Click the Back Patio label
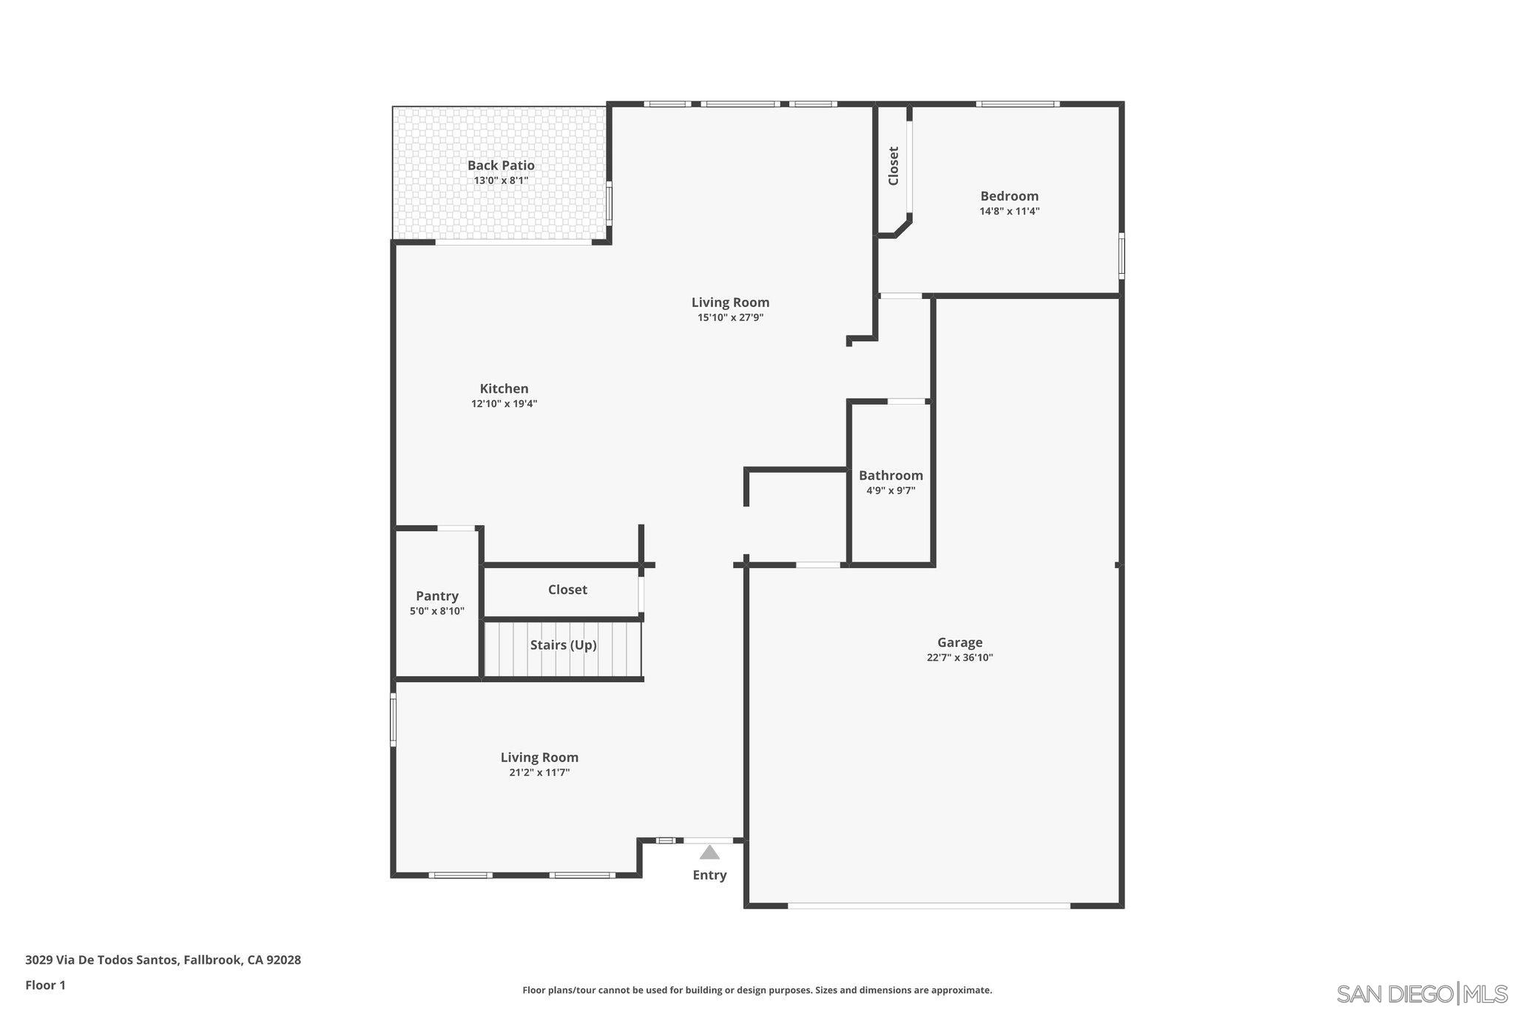[501, 166]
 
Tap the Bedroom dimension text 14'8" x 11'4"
[1009, 212]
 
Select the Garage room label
[959, 642]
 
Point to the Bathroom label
[891, 476]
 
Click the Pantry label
[437, 596]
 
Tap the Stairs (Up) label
[563, 645]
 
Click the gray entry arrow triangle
[709, 852]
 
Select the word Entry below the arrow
[709, 875]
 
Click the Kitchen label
[504, 388]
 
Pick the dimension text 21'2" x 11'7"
[539, 773]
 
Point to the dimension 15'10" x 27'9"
[730, 318]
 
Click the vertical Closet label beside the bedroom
[893, 166]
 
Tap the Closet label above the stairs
[567, 590]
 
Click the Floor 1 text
[46, 986]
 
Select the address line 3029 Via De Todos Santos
[163, 960]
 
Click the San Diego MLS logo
[1421, 993]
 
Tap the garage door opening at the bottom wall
[928, 905]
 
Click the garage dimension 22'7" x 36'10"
[959, 658]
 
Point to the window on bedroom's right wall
[1121, 256]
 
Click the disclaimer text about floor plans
[757, 990]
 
